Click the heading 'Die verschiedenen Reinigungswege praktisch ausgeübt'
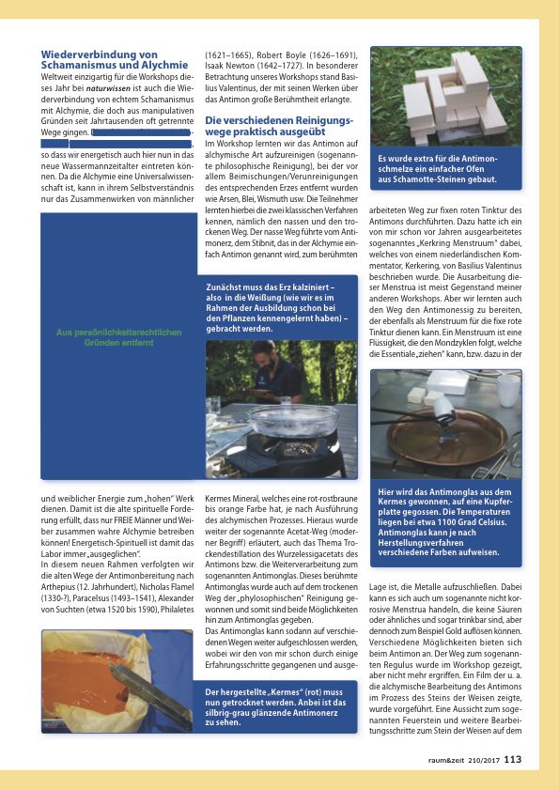(278, 127)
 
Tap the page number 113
(512, 760)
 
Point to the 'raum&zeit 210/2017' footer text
(460, 761)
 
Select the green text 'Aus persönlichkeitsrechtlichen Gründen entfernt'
(118, 338)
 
